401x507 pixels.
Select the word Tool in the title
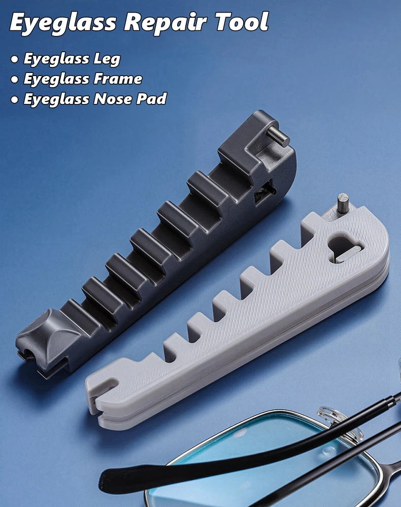242,21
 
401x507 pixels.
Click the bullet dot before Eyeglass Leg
15,59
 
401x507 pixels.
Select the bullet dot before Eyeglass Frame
15,80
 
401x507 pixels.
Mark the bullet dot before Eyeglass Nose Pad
15,99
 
